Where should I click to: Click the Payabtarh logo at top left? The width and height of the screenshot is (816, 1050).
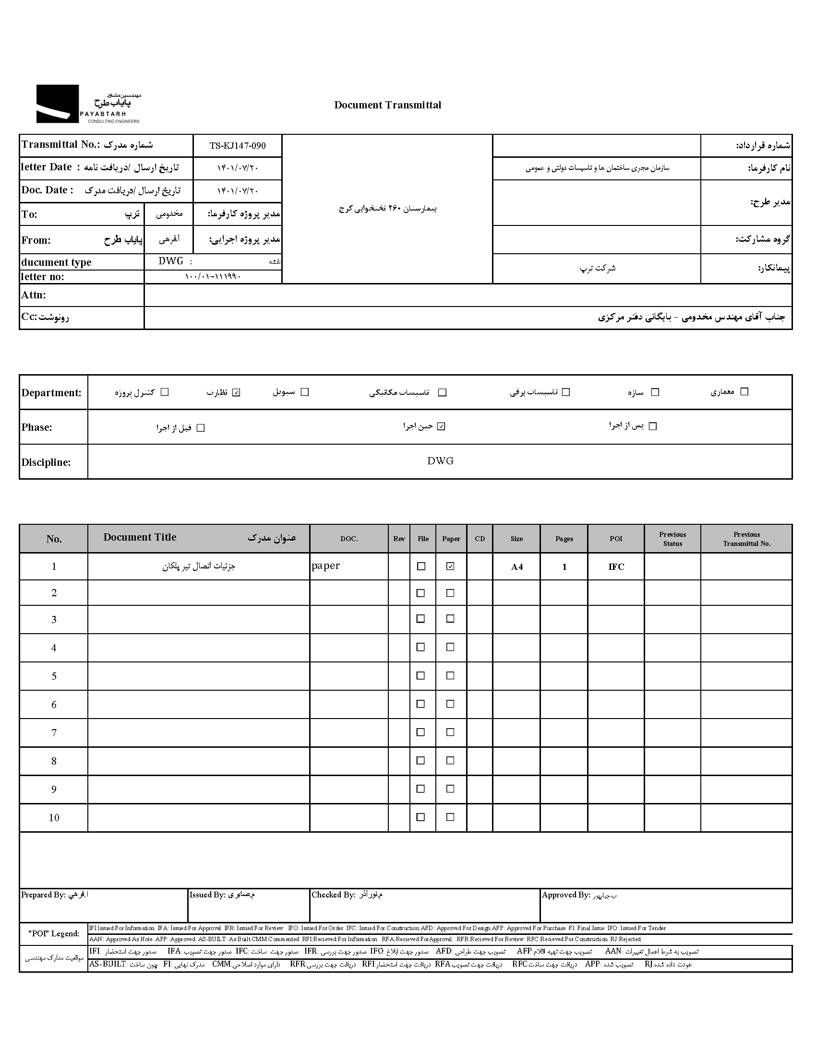[x=88, y=104]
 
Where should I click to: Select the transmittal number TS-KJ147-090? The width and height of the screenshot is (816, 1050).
[x=237, y=146]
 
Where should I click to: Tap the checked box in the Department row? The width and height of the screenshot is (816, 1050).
[x=236, y=392]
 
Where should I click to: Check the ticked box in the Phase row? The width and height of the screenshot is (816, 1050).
[x=441, y=426]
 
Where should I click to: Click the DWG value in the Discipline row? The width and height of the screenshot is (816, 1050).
[x=440, y=461]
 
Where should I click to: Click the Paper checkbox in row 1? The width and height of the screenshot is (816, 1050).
[x=450, y=566]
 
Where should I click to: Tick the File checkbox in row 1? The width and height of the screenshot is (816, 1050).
[x=421, y=566]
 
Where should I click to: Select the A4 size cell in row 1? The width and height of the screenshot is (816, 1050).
[x=517, y=567]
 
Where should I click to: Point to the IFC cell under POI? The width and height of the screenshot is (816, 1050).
[x=616, y=567]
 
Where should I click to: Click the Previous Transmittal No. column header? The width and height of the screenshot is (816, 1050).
[x=746, y=539]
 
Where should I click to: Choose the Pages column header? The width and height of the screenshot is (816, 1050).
[x=564, y=539]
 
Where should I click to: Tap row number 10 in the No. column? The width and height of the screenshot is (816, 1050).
[x=54, y=818]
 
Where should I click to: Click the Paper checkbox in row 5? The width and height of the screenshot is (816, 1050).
[x=450, y=675]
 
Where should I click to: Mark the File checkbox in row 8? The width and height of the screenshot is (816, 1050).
[x=420, y=761]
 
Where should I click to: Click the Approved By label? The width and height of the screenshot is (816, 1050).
[x=565, y=895]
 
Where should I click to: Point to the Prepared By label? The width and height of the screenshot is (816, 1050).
[x=43, y=895]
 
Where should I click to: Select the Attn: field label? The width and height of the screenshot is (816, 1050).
[x=34, y=295]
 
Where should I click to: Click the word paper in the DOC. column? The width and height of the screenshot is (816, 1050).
[x=326, y=566]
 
